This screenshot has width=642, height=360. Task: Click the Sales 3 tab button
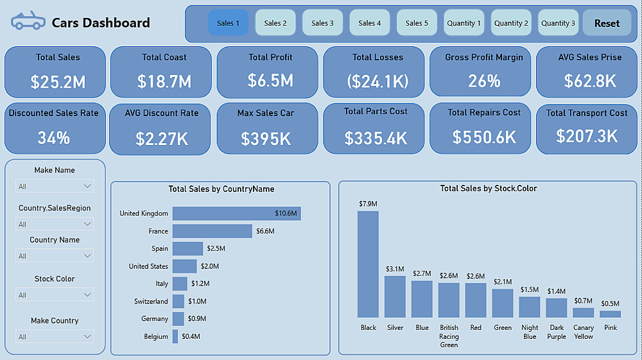(322, 23)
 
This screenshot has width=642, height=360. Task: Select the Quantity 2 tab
(511, 23)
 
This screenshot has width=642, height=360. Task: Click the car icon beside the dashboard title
(28, 21)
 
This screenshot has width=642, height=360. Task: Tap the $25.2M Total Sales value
(58, 81)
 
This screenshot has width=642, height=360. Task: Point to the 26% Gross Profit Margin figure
(484, 81)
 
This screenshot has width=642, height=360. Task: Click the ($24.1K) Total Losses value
(376, 81)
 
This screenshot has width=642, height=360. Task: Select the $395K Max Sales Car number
(266, 138)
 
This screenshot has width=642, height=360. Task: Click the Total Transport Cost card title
(587, 113)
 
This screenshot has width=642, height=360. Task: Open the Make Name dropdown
(55, 186)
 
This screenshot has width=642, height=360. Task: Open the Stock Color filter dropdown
(55, 295)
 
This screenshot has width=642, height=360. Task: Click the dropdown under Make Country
(55, 337)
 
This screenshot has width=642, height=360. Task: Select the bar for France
(212, 231)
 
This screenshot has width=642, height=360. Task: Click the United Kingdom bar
(236, 213)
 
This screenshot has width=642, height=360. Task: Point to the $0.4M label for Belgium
(191, 336)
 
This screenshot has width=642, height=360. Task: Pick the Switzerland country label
(151, 301)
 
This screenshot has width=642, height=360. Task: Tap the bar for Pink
(611, 314)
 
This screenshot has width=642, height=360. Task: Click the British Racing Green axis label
(449, 336)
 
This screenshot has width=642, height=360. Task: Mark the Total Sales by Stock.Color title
(489, 189)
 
